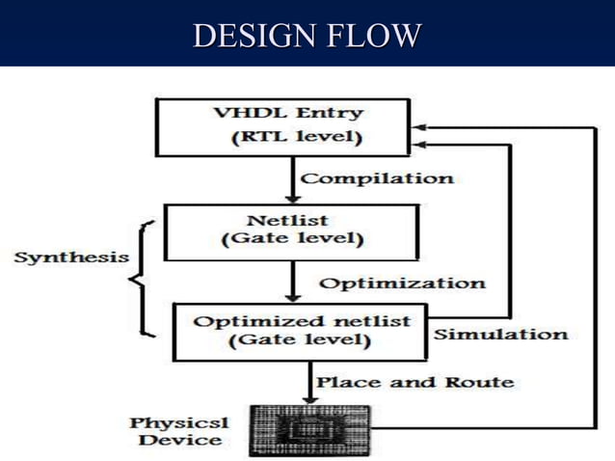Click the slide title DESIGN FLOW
pyautogui.click(x=307, y=36)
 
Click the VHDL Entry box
pyautogui.click(x=287, y=125)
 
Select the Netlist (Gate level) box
pyautogui.click(x=291, y=232)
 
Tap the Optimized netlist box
pyautogui.click(x=300, y=331)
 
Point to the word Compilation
pyautogui.click(x=377, y=178)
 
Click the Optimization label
pyautogui.click(x=401, y=284)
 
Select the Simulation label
pyautogui.click(x=500, y=335)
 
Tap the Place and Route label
pyautogui.click(x=415, y=382)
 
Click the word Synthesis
pyautogui.click(x=71, y=258)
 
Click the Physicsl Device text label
pyautogui.click(x=174, y=431)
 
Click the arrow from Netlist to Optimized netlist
pyautogui.click(x=290, y=283)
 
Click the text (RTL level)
pyautogui.click(x=296, y=137)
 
